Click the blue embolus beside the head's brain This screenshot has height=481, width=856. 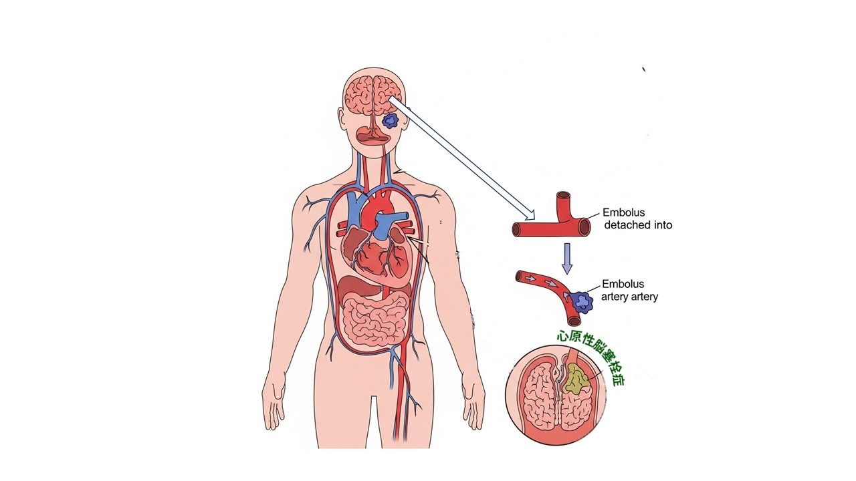pos(390,122)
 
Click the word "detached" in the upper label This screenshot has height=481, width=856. pos(623,225)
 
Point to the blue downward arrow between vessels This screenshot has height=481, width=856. pos(567,259)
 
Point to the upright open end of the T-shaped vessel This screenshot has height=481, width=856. pos(563,196)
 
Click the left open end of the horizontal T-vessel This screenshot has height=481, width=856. pos(516,229)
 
